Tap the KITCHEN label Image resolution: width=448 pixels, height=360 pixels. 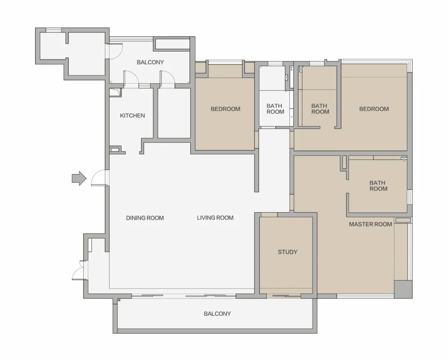coord(132,116)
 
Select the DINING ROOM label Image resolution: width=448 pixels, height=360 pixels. coord(145,218)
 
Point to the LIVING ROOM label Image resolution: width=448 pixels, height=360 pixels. coord(215,218)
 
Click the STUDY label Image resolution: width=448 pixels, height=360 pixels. coord(288,252)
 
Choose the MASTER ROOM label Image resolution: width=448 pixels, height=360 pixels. coord(370,224)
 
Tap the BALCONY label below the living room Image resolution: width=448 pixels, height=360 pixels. coord(217,314)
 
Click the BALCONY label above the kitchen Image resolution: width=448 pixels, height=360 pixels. coord(150,62)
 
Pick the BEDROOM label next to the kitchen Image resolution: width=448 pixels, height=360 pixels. coord(225,109)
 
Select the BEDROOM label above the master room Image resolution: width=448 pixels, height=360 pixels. coord(374,109)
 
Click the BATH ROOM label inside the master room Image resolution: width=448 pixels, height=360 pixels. coord(378,186)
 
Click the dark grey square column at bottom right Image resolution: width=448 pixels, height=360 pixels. coord(403,289)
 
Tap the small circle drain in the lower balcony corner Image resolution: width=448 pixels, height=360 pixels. coord(119,300)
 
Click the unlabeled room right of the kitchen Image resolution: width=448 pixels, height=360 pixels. coord(174,113)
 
